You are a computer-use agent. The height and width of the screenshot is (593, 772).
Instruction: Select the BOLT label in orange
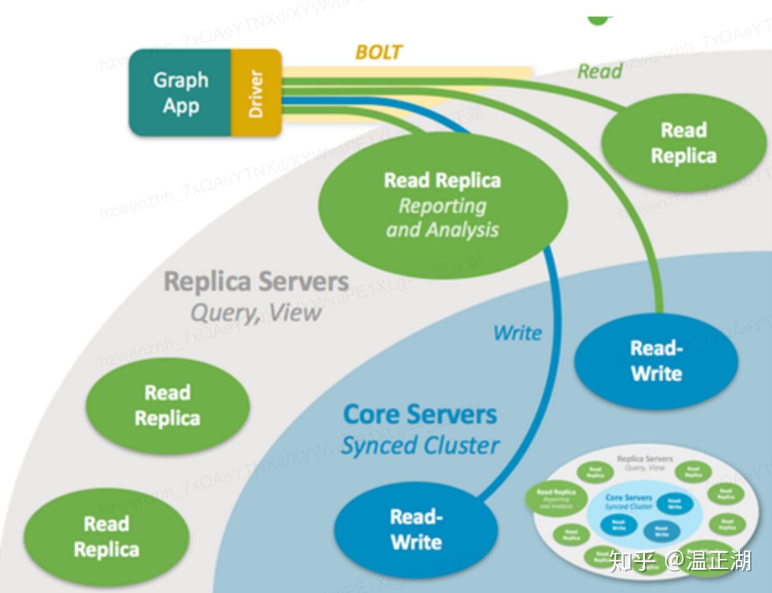(378, 52)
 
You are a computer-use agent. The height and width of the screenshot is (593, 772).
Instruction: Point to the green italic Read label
(600, 71)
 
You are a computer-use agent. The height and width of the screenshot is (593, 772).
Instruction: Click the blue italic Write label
(517, 333)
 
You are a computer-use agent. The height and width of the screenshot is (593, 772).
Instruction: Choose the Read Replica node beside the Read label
(684, 143)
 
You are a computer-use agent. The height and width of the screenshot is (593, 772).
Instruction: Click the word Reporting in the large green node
(442, 206)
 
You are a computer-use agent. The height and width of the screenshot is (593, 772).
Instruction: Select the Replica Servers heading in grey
(256, 282)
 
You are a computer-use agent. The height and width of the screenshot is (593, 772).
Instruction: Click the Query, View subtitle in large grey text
(256, 313)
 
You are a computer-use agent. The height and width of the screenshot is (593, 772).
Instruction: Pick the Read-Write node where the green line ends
(657, 361)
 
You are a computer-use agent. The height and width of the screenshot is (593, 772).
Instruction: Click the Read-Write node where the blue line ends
(416, 530)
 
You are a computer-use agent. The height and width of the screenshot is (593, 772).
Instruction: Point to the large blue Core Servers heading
(420, 415)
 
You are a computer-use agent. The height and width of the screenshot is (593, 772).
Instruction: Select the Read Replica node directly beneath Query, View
(167, 406)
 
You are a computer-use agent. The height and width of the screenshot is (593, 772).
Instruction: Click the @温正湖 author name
(708, 560)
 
